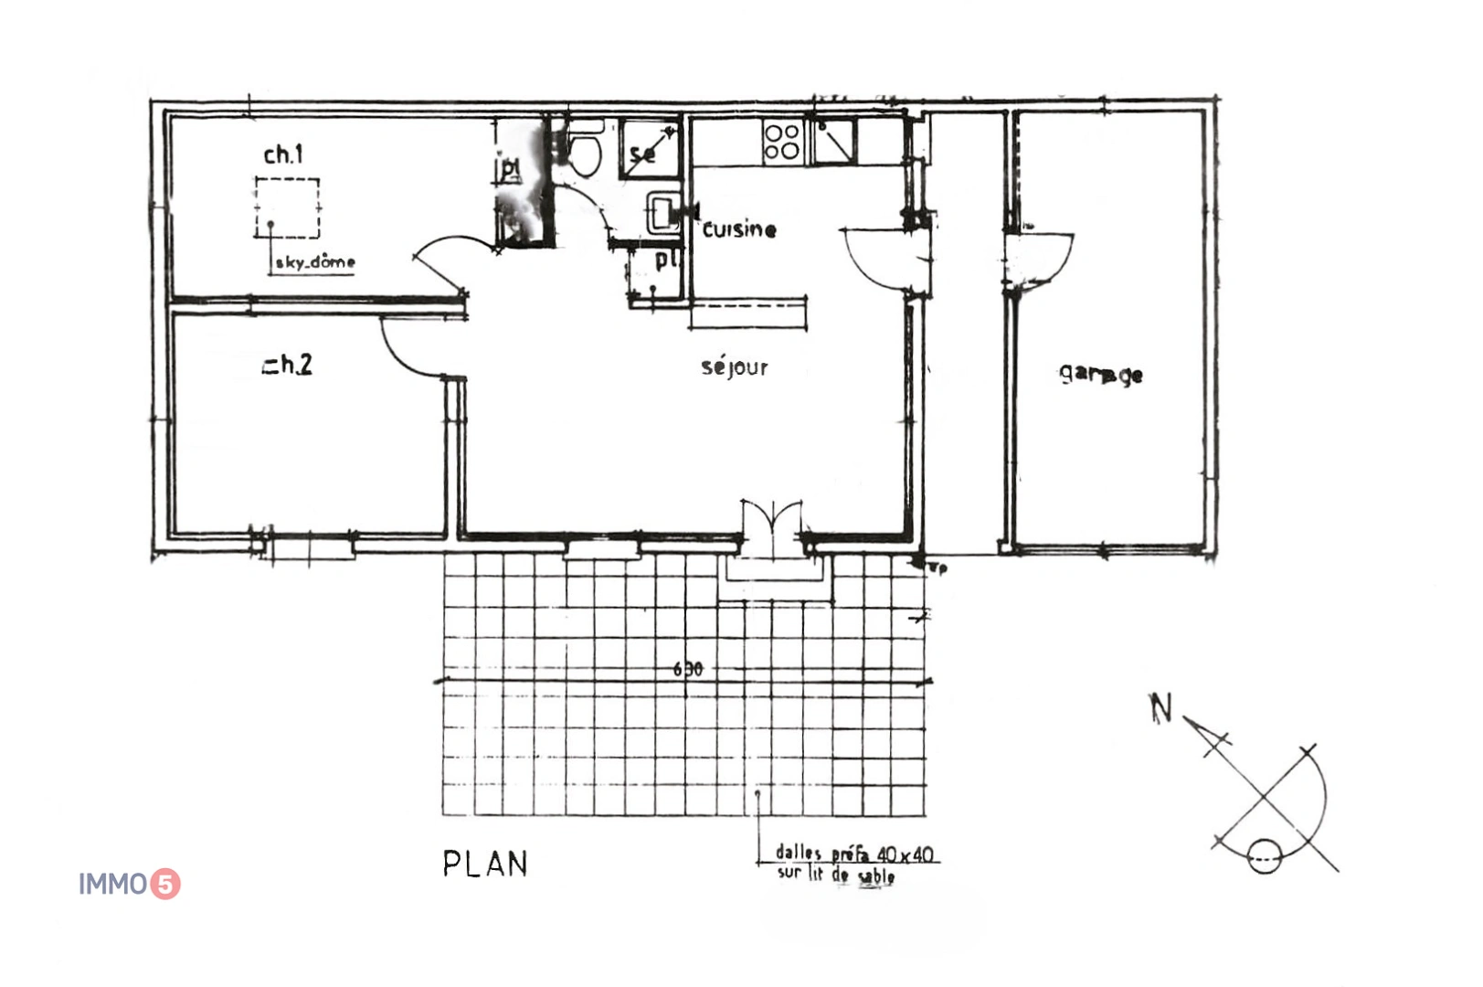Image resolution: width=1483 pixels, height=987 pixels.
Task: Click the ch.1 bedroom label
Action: coord(283,154)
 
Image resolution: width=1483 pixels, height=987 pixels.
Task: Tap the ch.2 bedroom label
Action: coord(288,365)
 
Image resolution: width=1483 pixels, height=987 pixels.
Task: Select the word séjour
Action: coord(734,367)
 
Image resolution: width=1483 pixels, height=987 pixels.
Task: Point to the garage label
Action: coord(1101,374)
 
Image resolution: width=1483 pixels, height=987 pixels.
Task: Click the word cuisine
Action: coord(739,229)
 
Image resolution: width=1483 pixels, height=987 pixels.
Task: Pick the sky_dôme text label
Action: coord(315,262)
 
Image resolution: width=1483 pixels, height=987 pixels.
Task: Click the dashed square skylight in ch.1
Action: coord(287,207)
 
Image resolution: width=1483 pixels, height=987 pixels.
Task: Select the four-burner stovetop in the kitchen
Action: coord(782,142)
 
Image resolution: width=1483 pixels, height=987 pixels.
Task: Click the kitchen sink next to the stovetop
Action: coord(833,142)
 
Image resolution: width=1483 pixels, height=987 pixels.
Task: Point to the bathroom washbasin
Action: coord(662,214)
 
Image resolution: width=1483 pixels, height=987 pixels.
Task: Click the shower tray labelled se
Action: coord(650,149)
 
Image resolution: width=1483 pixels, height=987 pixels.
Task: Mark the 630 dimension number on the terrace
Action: coord(688,669)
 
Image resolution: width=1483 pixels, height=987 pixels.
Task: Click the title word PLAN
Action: coord(485,864)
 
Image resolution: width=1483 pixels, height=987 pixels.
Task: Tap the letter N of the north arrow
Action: coord(1160,707)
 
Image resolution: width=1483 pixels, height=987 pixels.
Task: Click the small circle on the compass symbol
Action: coord(1264,856)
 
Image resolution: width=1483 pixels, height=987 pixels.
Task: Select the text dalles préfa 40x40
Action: coord(853,854)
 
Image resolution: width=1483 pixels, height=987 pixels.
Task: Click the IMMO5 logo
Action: coord(129,884)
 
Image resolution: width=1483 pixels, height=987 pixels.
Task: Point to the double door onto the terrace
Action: coord(773,525)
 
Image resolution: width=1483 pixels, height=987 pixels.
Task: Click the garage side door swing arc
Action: coord(1042,260)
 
